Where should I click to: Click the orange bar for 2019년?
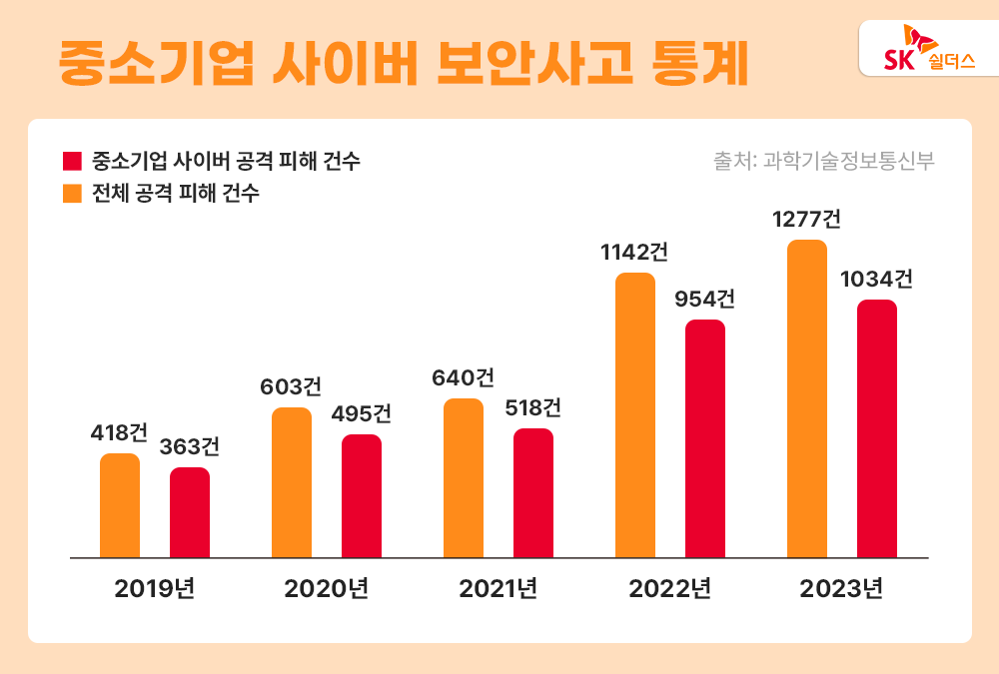coord(120,505)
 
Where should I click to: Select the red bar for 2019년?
coord(190,512)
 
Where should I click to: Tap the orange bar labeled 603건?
coord(292,482)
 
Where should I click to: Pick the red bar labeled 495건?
coord(362,495)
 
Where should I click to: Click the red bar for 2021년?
coord(533,492)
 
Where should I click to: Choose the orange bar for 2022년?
coord(635,414)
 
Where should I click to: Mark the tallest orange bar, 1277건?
coord(807,398)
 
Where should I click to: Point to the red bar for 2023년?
coord(877,428)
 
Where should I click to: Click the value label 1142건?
coord(634,253)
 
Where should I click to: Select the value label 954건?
coord(705,300)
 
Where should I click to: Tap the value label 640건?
coord(463,378)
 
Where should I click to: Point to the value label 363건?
coord(190,447)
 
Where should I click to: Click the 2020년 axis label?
coord(327,588)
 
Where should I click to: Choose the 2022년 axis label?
coord(670,588)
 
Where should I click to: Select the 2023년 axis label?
coord(842,588)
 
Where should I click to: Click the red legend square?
coord(71,162)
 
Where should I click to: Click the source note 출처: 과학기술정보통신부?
coord(824,161)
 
